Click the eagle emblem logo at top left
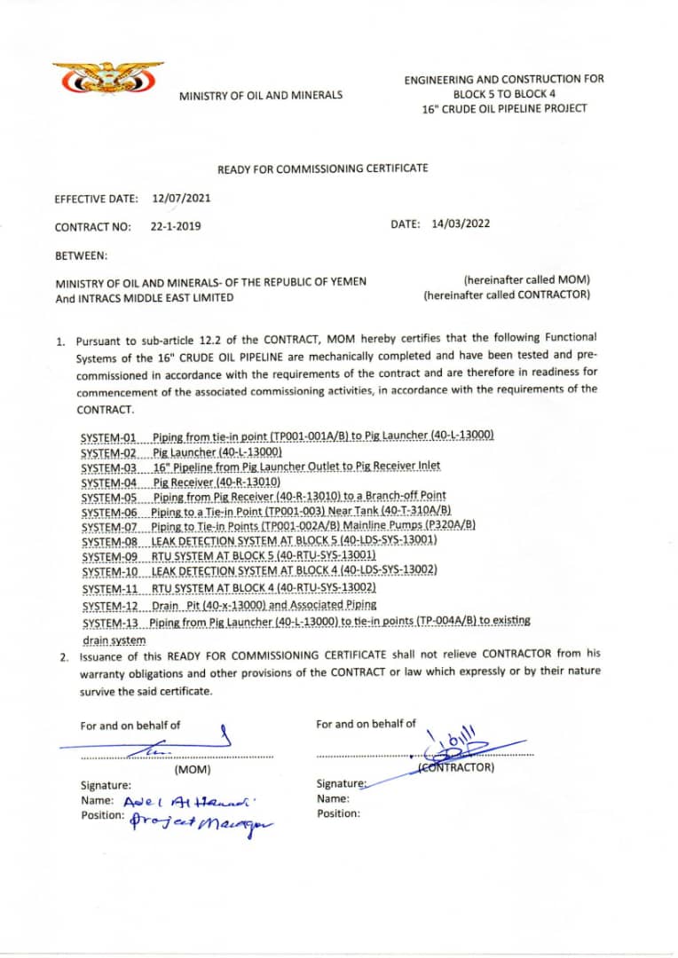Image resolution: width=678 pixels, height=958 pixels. coord(107,81)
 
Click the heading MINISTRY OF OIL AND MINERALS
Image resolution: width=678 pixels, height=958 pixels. coord(261,96)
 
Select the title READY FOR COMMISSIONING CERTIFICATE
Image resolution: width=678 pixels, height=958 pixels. coord(323,169)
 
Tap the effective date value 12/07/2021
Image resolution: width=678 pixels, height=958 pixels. coord(181,199)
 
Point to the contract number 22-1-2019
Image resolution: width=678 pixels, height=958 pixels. coord(176,226)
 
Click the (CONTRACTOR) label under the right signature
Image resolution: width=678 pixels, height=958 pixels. coord(456,768)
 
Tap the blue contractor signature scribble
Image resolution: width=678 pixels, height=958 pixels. coord(462,743)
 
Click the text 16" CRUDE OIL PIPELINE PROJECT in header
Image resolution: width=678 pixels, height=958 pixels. coord(504,109)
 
